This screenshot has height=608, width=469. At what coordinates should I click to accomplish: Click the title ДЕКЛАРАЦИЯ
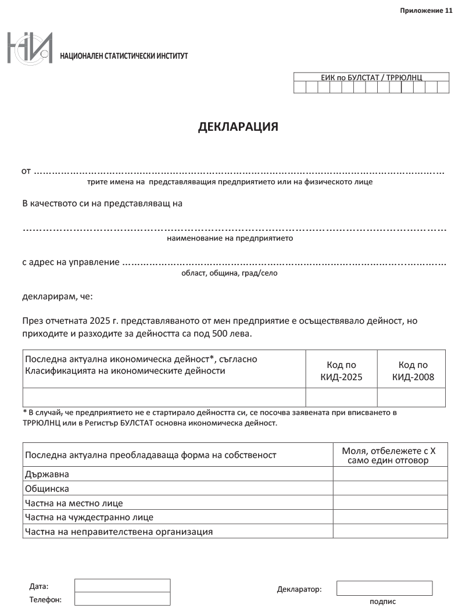click(238, 127)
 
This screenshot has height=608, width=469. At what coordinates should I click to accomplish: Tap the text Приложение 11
click(426, 11)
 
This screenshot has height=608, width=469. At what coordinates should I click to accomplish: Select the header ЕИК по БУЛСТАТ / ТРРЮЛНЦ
click(371, 77)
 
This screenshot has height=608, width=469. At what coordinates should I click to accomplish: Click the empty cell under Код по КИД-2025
click(341, 397)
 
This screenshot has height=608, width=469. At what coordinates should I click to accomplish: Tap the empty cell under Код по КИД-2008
click(411, 397)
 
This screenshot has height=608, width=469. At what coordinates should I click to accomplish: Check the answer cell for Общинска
click(390, 488)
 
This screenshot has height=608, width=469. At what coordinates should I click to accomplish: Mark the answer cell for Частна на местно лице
click(390, 502)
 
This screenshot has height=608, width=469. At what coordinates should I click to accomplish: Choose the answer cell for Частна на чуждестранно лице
click(390, 517)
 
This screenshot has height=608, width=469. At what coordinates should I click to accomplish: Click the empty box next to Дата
click(122, 585)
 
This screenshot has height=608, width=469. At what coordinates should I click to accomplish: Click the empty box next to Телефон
click(122, 599)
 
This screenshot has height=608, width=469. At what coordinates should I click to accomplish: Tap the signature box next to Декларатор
click(384, 588)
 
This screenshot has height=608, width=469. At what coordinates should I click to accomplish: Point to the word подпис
click(382, 602)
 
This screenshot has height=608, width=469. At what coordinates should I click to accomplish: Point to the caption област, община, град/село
click(230, 273)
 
